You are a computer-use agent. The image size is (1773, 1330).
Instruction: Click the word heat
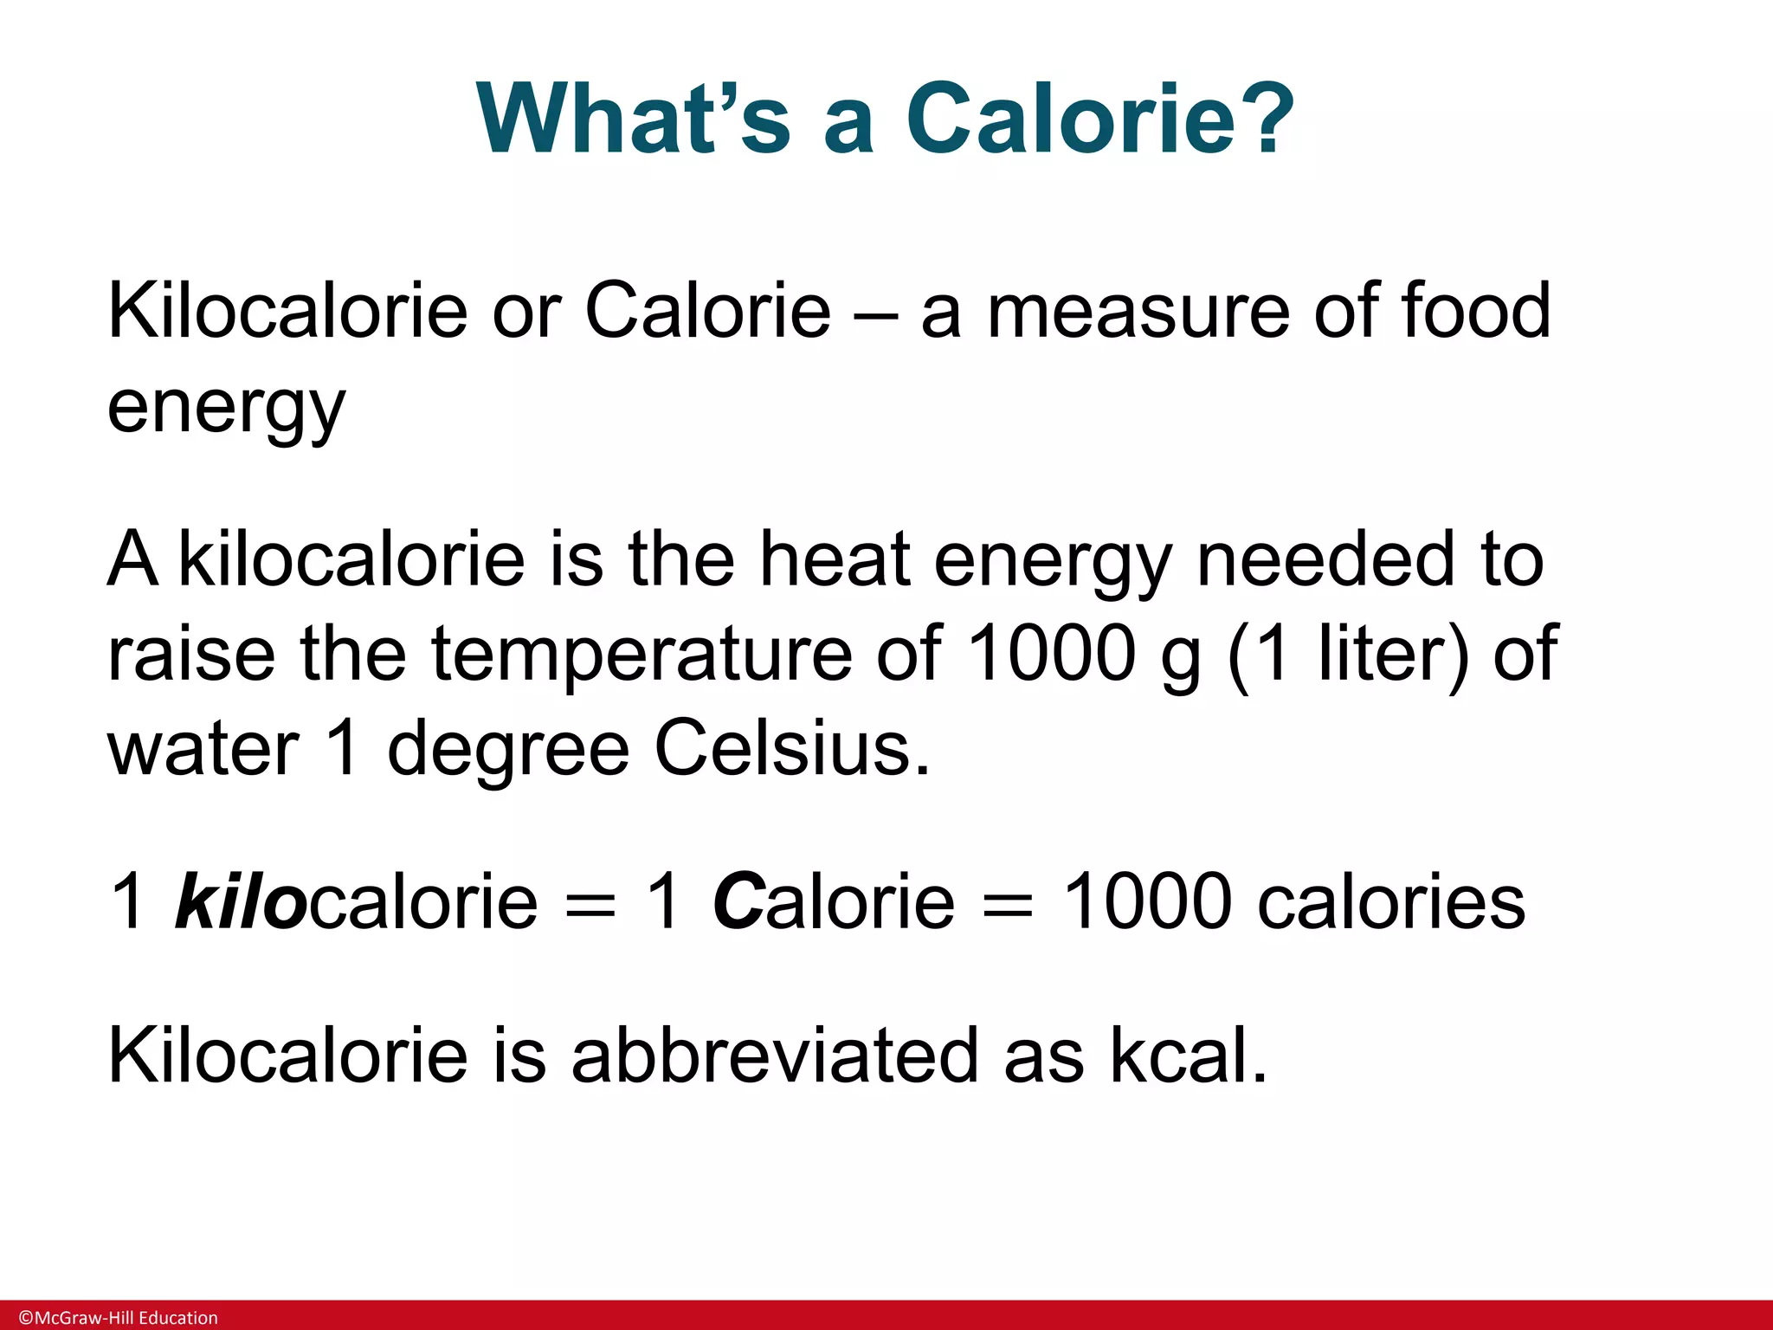835,559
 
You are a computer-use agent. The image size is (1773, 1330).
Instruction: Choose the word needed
1325,559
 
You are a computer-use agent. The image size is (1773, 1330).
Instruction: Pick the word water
203,750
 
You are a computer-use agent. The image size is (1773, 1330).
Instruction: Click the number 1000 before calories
1146,901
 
